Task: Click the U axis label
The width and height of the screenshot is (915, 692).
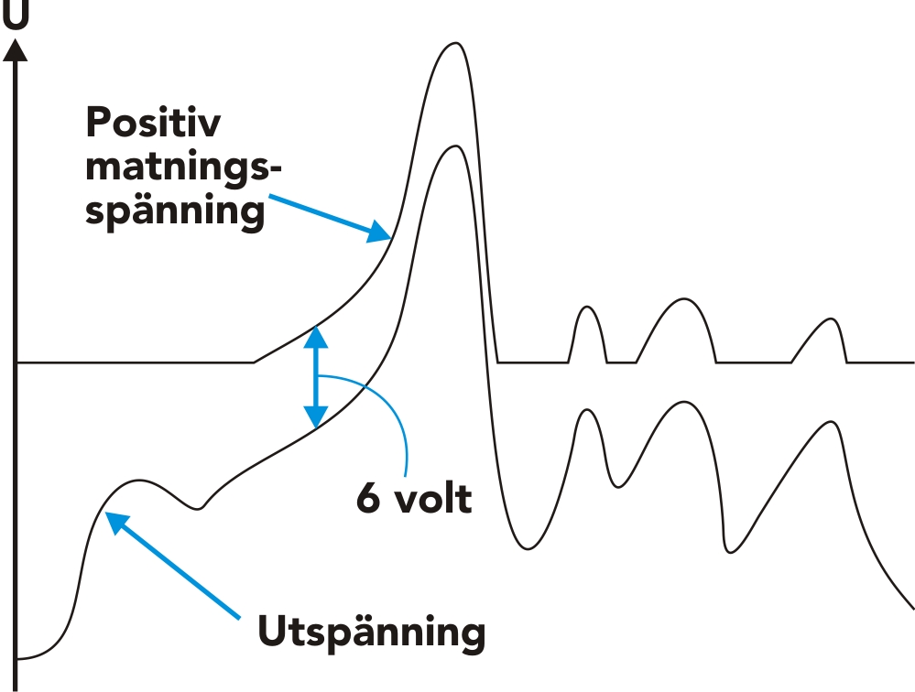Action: pos(16,15)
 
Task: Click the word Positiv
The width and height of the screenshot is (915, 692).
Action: pos(154,123)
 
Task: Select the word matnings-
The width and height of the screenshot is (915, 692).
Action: pos(183,168)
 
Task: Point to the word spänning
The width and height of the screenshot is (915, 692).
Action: pos(175,210)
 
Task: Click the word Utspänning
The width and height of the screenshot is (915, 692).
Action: pos(372,632)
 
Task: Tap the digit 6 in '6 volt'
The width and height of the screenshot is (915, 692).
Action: pos(368,499)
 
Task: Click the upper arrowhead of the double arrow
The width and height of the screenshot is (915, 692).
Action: pos(316,338)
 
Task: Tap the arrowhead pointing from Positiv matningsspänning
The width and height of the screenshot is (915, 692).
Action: pos(378,232)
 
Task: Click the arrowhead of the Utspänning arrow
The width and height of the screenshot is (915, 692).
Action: pos(117,523)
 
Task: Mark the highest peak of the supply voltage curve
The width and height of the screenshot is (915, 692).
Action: pos(455,43)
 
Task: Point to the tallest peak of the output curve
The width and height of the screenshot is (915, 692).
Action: pos(455,146)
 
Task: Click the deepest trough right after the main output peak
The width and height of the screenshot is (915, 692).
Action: pos(527,548)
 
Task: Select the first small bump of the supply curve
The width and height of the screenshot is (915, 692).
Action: pos(587,308)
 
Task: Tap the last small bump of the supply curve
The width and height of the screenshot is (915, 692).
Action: pos(831,319)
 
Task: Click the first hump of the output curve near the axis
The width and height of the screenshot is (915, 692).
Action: pos(138,481)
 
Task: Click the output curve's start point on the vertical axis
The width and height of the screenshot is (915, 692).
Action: pos(17,659)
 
